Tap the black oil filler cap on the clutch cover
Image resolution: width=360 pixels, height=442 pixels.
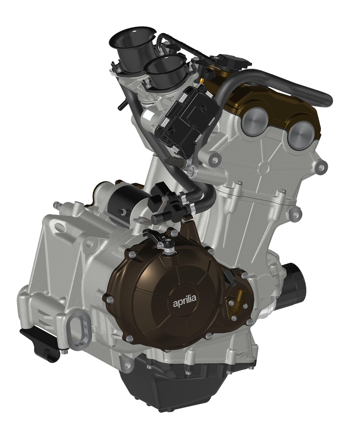pyautogui.click(x=230, y=276)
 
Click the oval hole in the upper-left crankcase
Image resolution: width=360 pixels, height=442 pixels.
pyautogui.click(x=59, y=227)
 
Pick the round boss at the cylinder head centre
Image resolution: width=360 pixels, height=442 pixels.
pyautogui.click(x=264, y=168)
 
